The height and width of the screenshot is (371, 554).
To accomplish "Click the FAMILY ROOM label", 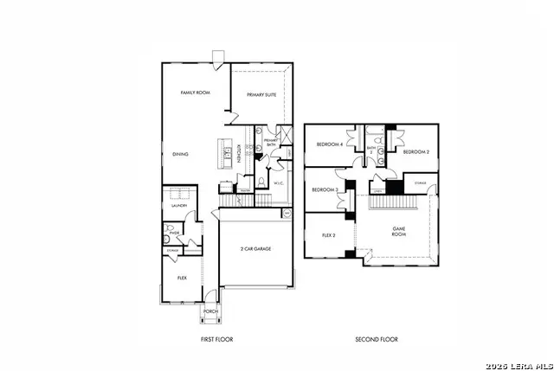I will point(195,93).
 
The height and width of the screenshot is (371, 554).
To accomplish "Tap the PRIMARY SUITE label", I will point(261,95).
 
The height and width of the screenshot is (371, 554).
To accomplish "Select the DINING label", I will point(180,154).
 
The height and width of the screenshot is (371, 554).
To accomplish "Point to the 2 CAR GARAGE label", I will point(255,248).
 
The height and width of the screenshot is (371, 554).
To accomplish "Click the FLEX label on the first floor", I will point(182,278).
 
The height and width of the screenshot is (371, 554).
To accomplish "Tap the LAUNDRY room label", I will point(179,206).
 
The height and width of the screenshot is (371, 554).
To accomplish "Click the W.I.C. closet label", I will point(279,183).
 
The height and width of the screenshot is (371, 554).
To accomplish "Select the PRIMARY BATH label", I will point(270,143).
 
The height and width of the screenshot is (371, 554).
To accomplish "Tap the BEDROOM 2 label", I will point(416,151).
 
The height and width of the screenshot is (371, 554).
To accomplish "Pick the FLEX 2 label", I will point(328,235).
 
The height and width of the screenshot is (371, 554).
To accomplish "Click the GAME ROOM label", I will point(398,231).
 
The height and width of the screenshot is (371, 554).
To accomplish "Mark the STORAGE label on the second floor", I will point(419,183).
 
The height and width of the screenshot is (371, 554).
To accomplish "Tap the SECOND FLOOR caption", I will point(377,339).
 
